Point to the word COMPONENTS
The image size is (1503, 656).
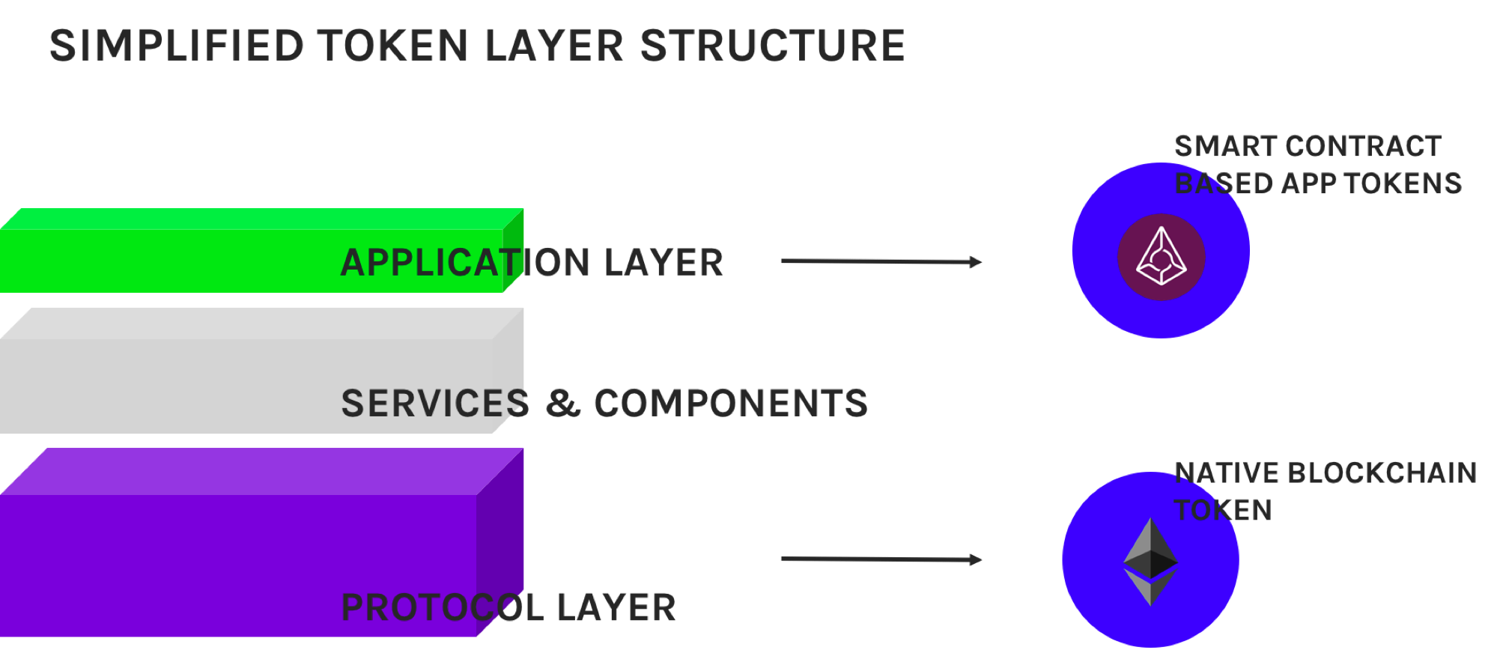tap(730, 404)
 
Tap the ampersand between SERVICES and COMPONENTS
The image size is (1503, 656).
tap(562, 404)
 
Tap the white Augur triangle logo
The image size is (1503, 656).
tap(1161, 256)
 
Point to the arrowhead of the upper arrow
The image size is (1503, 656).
tap(975, 261)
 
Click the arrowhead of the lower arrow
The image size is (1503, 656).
tap(975, 559)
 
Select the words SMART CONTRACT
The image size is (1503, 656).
tap(1307, 146)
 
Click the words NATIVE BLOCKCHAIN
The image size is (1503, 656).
tap(1325, 473)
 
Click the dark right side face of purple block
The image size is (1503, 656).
tap(500, 554)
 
